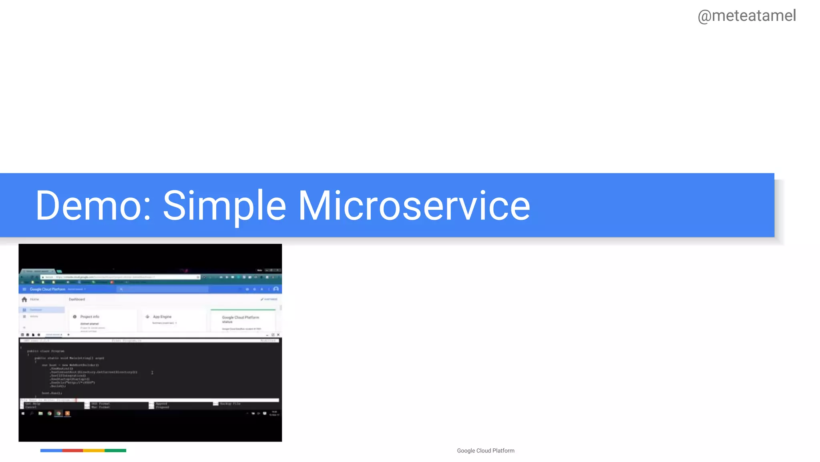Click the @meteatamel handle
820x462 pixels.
tap(747, 16)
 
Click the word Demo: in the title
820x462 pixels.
tap(93, 206)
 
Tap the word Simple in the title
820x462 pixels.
tap(224, 206)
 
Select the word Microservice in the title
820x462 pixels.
tap(414, 206)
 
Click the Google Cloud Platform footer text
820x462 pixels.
tap(486, 451)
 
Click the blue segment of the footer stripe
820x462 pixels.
tap(51, 451)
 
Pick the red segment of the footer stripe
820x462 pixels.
tap(72, 451)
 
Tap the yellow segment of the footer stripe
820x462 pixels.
tap(94, 451)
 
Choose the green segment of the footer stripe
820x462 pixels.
tap(115, 451)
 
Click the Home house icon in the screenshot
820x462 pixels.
tap(24, 300)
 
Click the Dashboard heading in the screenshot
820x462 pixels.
tap(77, 300)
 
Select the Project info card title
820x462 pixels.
tap(90, 317)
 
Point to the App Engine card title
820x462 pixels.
tap(162, 317)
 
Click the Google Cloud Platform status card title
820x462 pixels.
tap(240, 319)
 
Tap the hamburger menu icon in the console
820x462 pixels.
tap(24, 289)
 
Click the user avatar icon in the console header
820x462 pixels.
tap(276, 289)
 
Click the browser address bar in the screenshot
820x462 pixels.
tap(120, 277)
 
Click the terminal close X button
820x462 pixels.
tap(278, 335)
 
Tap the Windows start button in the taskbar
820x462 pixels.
tap(23, 413)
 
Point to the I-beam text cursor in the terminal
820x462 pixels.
tap(152, 373)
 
